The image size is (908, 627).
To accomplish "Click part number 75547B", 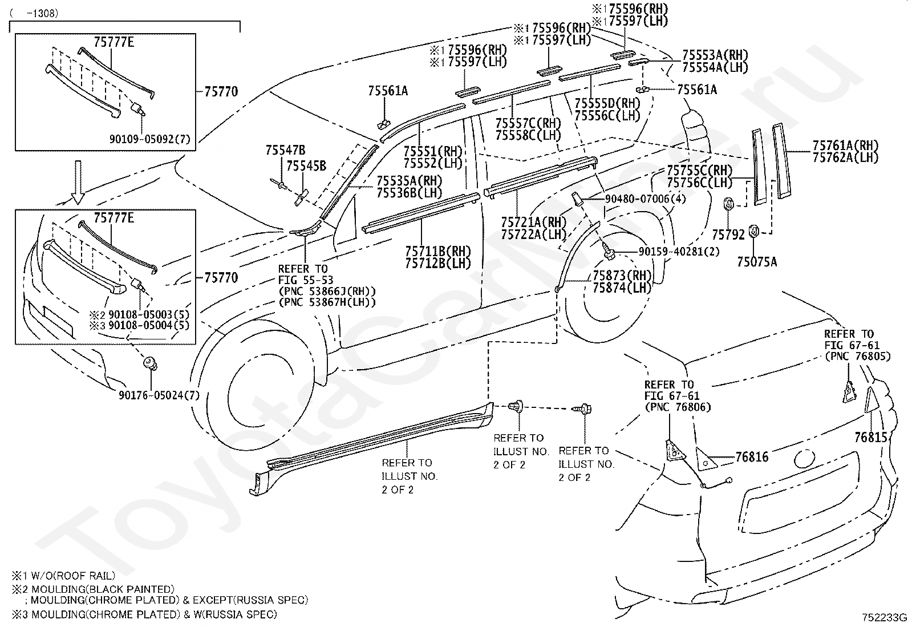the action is [x=285, y=150].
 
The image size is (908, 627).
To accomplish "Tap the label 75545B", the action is [x=306, y=166].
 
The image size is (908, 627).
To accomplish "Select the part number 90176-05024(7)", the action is [x=159, y=395].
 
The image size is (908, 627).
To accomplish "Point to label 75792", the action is [x=728, y=234].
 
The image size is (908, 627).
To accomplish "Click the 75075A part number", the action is [x=757, y=262].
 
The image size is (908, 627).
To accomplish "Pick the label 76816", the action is [x=752, y=457].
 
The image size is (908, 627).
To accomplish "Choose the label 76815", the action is [x=871, y=437].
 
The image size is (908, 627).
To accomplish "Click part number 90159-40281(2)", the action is [x=679, y=252].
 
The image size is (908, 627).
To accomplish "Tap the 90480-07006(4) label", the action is [x=645, y=199].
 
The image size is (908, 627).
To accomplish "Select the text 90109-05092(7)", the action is [x=149, y=139].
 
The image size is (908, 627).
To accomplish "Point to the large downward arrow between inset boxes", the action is [x=78, y=181].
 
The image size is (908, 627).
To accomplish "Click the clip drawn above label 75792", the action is [x=729, y=204].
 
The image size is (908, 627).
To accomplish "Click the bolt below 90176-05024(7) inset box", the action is [x=151, y=363].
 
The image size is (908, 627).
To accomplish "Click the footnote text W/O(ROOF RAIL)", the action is [x=73, y=576].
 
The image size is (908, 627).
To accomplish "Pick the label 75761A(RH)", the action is [x=845, y=145].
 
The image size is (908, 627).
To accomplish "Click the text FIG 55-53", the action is [x=306, y=280].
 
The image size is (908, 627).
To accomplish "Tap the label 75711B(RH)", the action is [x=438, y=252].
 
